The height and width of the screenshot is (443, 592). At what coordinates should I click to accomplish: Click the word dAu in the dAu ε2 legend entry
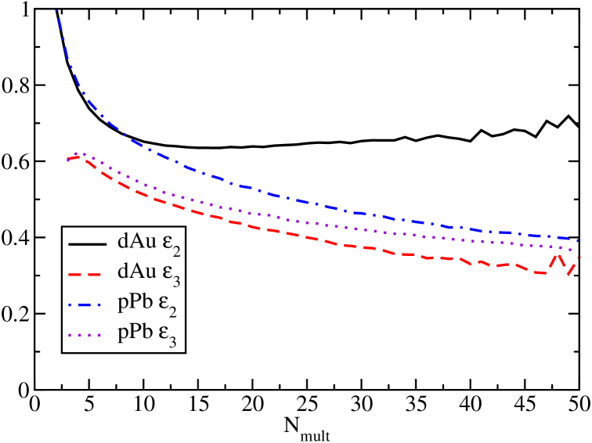(133, 241)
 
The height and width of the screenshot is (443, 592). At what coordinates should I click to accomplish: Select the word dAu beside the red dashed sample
(133, 272)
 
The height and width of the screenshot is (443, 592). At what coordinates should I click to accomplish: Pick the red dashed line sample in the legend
(88, 273)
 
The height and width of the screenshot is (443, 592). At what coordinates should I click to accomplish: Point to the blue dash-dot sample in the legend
(88, 303)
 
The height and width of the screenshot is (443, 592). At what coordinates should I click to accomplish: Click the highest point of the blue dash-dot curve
(56, 10)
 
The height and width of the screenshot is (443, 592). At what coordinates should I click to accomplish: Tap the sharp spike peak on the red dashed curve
(558, 254)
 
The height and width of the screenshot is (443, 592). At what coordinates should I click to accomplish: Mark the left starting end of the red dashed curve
(67, 160)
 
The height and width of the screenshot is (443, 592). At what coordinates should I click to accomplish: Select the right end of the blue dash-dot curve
(579, 241)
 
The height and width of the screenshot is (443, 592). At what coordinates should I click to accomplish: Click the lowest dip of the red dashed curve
(569, 276)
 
